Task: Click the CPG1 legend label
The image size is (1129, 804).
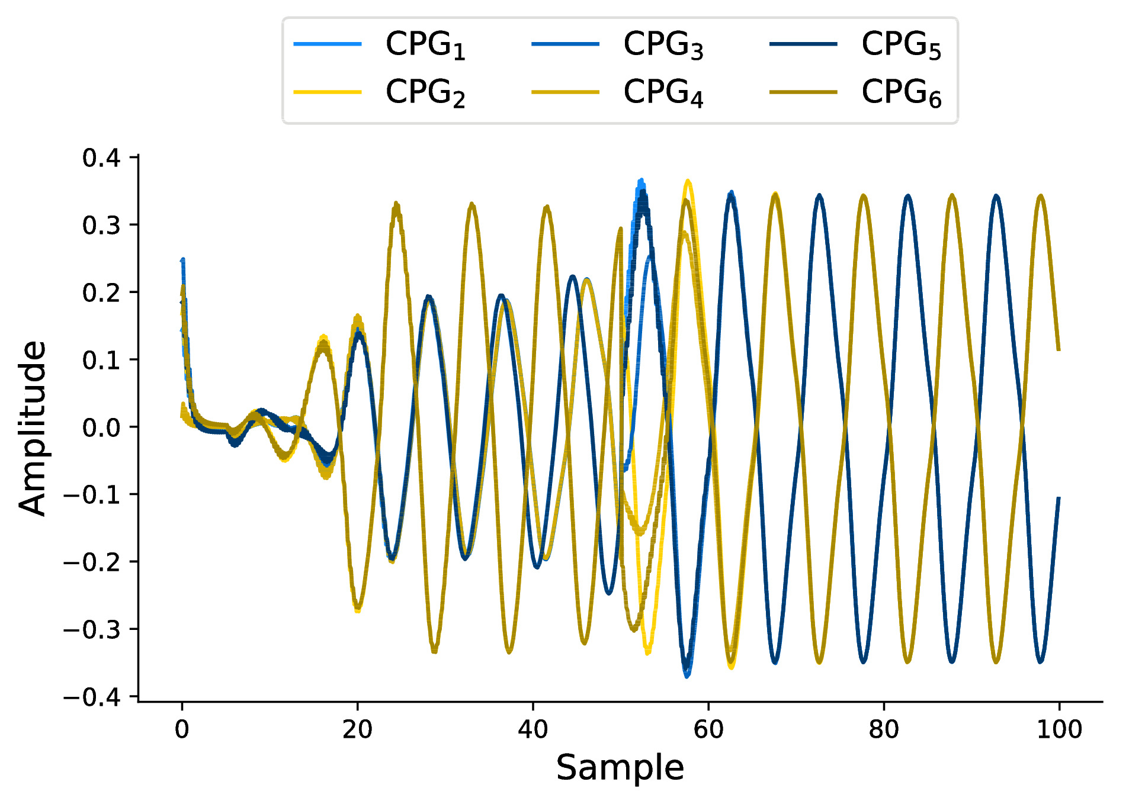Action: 425,45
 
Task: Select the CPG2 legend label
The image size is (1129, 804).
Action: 425,93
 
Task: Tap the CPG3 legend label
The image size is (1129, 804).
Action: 663,45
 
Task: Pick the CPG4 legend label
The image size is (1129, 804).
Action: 663,93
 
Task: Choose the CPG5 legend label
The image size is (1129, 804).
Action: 902,45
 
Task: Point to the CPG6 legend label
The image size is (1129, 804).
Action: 902,93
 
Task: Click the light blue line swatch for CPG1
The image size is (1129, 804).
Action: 328,44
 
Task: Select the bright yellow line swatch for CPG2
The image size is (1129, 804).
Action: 328,92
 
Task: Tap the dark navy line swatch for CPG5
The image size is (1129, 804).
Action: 803,44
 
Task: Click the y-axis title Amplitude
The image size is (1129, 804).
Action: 32,427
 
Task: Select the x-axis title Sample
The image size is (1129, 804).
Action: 620,768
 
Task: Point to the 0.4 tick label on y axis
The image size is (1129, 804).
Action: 101,158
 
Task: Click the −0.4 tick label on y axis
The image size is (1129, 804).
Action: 92,697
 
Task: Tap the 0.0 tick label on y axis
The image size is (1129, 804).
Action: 101,427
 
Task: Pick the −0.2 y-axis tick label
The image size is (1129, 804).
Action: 92,562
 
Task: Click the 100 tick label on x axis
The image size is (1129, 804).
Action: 1059,729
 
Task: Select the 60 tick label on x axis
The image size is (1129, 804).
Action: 708,729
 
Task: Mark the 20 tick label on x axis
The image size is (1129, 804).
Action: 357,729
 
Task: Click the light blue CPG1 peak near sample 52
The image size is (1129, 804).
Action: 640,181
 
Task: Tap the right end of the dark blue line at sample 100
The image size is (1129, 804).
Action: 1058,499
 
